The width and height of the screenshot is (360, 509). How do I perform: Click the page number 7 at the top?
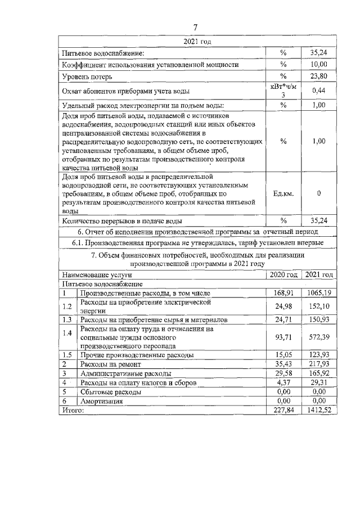196,27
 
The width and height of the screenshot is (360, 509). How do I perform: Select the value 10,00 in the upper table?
318,65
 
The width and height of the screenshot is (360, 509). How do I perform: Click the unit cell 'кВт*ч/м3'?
283,91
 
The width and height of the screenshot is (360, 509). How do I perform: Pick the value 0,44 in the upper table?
318,91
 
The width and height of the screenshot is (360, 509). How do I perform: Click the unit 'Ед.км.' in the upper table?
283,193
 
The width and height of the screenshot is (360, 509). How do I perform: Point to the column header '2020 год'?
284,275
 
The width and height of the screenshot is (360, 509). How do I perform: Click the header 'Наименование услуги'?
97,275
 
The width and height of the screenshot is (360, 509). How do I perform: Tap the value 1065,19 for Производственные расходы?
318,294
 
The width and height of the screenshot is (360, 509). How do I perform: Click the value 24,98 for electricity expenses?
284,307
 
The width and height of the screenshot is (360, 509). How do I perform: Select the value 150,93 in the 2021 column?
318,319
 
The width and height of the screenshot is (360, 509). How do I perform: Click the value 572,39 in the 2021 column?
318,336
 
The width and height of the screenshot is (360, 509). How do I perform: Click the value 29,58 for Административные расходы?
284,374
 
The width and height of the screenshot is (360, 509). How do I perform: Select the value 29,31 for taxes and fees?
318,383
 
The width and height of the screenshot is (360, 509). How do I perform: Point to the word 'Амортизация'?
102,402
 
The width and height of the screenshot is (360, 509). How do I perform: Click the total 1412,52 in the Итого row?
318,411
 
